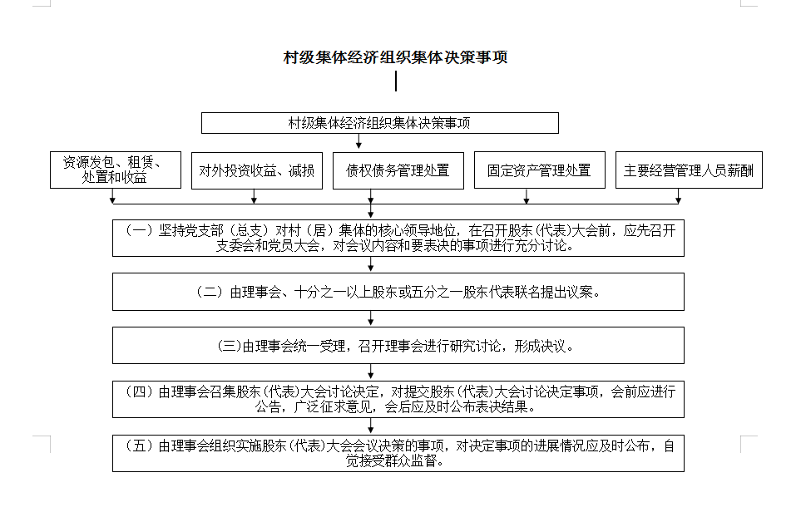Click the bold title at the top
(x=395, y=57)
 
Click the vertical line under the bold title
(x=396, y=81)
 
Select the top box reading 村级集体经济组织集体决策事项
(x=380, y=123)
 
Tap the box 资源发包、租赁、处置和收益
(x=116, y=170)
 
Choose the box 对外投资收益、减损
(x=257, y=170)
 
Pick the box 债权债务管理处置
(x=398, y=170)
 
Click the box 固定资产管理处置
(x=540, y=170)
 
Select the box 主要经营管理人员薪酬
(x=689, y=170)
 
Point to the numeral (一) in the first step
(x=140, y=231)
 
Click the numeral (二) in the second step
(x=210, y=292)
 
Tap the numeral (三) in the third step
(x=229, y=346)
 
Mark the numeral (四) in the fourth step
(x=140, y=391)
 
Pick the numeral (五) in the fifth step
(x=140, y=446)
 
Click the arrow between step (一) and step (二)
(x=371, y=264)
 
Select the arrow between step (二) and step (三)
(x=371, y=318)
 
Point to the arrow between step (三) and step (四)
(x=371, y=372)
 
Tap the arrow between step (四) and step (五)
(x=371, y=426)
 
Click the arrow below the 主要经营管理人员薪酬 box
(x=678, y=196)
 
